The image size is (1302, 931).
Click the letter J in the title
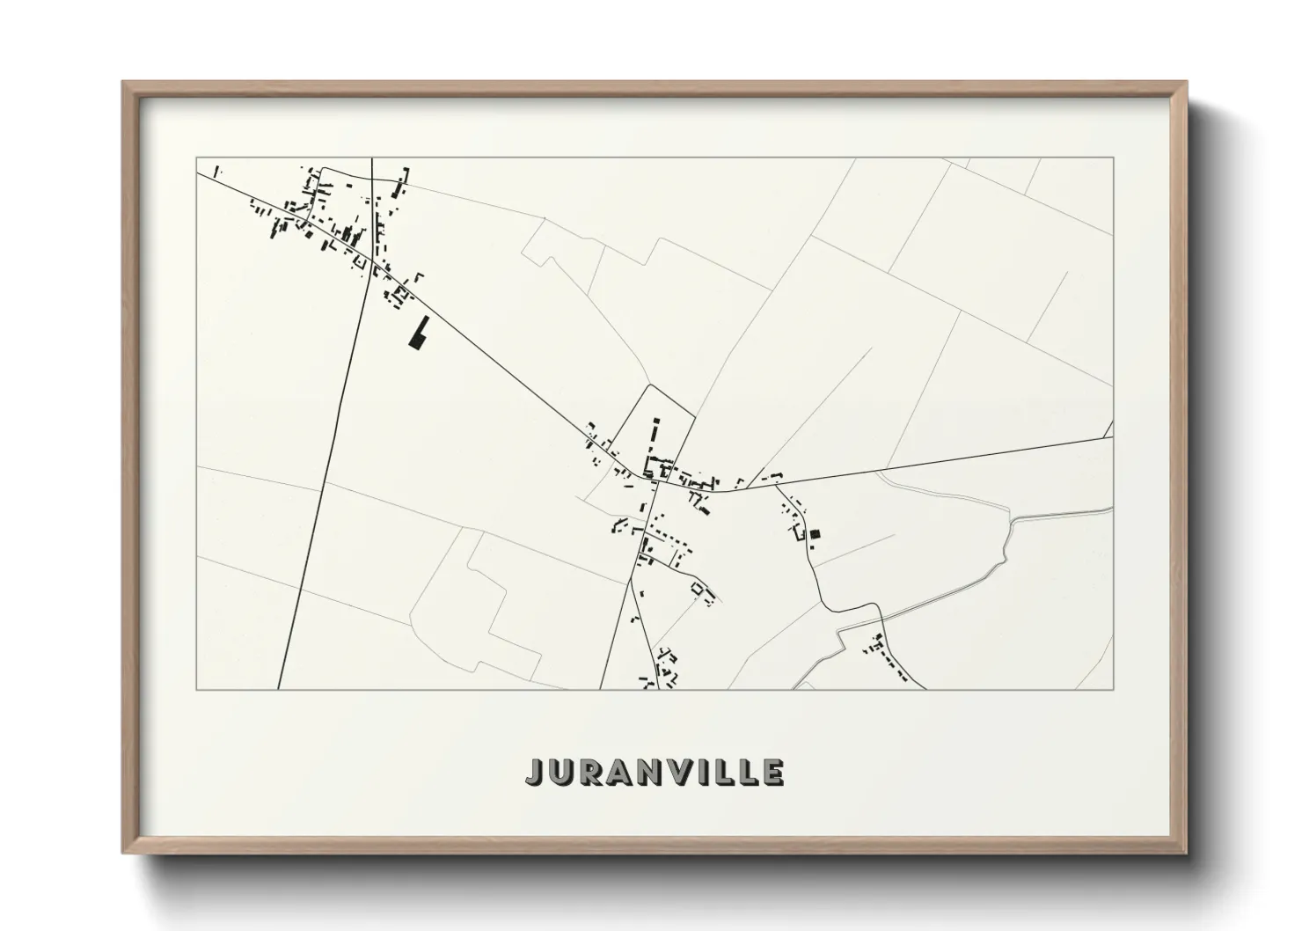(x=537, y=772)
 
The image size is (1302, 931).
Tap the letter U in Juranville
(x=565, y=772)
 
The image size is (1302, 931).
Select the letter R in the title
(x=596, y=772)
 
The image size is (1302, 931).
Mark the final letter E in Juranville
(x=772, y=772)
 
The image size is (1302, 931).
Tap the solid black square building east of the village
(x=815, y=533)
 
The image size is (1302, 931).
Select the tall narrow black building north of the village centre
(x=655, y=430)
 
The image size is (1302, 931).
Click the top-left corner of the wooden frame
(x=123, y=83)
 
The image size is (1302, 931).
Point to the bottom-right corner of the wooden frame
(x=1186, y=853)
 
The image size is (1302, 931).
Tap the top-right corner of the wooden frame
(x=1186, y=83)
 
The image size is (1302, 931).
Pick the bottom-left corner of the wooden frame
(x=123, y=853)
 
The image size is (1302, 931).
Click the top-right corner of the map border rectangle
(x=1113, y=158)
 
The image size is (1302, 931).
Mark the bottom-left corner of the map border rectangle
(x=196, y=689)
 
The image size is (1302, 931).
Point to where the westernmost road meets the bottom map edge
(x=278, y=689)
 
